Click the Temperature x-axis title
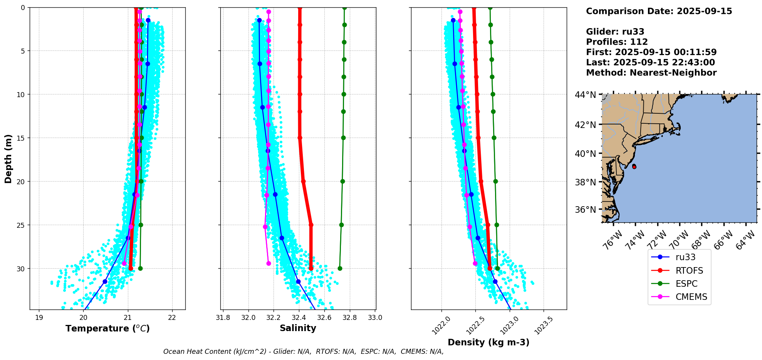[107, 328]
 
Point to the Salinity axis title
[298, 328]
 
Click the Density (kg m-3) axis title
[488, 342]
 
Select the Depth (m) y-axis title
[8, 159]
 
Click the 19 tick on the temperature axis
[39, 318]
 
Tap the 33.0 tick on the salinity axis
[375, 318]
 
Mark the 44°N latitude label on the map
[585, 94]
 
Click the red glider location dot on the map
[634, 167]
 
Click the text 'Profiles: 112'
[617, 42]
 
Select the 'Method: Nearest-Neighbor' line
[651, 73]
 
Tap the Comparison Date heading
[659, 11]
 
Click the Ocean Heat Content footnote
[303, 352]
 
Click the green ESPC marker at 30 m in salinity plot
[340, 268]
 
